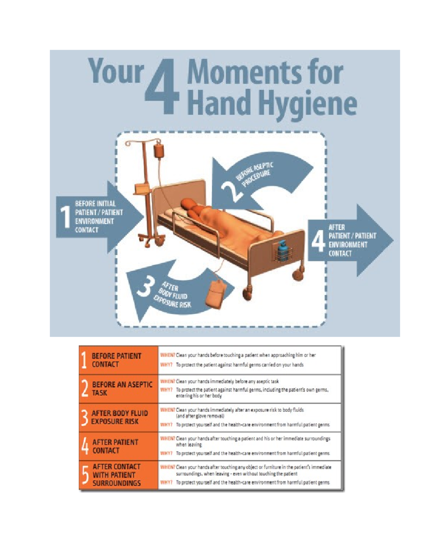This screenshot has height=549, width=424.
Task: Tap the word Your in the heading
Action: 116,72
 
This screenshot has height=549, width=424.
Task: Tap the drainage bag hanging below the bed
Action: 216,293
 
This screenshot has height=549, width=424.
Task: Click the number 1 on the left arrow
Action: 65,217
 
